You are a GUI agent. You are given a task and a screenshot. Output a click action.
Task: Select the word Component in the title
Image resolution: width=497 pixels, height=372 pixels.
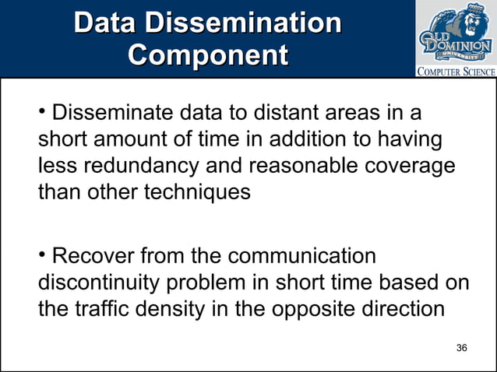tap(207, 55)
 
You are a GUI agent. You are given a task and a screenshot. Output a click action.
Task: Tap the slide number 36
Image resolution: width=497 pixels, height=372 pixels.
tap(461, 347)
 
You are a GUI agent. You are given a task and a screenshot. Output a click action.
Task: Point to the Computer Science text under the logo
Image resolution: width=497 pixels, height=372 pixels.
tap(456, 72)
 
